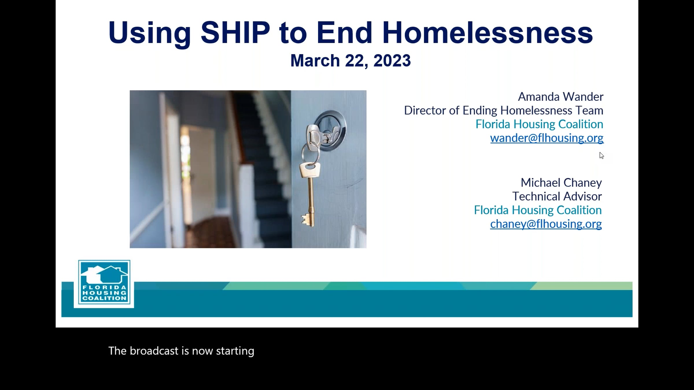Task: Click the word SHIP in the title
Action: click(235, 32)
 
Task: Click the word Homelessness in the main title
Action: click(488, 32)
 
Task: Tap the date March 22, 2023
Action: click(350, 61)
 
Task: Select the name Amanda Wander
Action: click(560, 97)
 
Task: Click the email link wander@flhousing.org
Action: click(547, 138)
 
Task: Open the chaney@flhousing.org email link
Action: click(546, 224)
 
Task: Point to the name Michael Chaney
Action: click(561, 183)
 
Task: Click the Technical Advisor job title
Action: click(557, 196)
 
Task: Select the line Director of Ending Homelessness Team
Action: click(504, 111)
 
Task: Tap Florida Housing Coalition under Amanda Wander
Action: click(539, 124)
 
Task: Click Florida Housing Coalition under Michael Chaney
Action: click(538, 210)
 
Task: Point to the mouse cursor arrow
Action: click(601, 155)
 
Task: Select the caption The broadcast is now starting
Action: click(181, 351)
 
